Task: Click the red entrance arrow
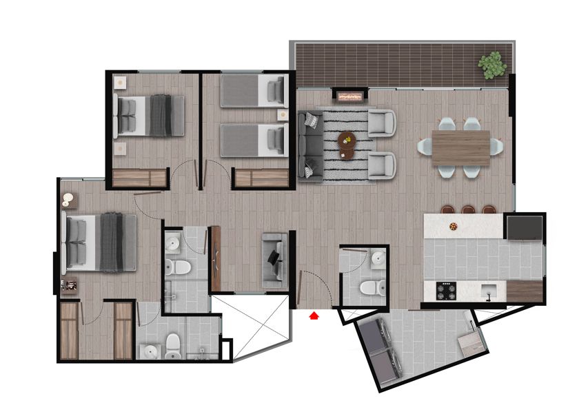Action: [x=314, y=316]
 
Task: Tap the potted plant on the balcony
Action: [x=493, y=65]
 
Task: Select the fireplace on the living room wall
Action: [x=349, y=96]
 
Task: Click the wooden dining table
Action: [x=460, y=147]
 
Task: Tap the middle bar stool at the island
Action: [x=468, y=209]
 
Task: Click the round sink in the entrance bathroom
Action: [x=378, y=258]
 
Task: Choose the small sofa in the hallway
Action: [x=274, y=259]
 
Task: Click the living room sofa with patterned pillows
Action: [x=310, y=145]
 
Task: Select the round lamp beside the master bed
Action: [x=68, y=200]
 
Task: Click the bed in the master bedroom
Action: [x=101, y=242]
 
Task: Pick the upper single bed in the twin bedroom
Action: [x=253, y=92]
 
